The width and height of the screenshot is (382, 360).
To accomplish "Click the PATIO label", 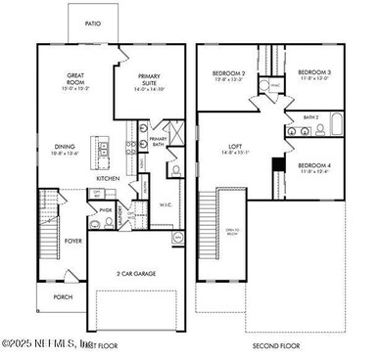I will (x=93, y=22).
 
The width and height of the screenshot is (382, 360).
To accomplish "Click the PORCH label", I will (x=63, y=296).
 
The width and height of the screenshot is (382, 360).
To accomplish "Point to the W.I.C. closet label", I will (x=166, y=204).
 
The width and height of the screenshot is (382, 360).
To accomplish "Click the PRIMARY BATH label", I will (x=159, y=141).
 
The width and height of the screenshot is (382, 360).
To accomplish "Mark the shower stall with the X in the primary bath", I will (x=173, y=131).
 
